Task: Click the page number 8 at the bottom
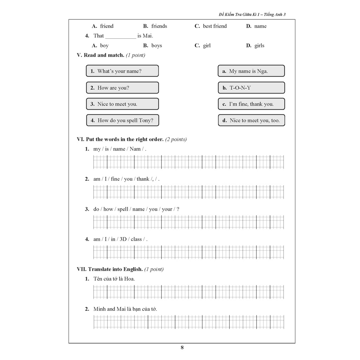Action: click(x=182, y=348)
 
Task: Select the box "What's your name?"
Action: click(x=122, y=71)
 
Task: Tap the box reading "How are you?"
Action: click(x=122, y=88)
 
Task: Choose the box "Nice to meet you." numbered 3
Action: click(x=122, y=104)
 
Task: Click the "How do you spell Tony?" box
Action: click(x=122, y=120)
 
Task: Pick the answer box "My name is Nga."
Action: click(x=251, y=71)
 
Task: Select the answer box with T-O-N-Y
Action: click(x=251, y=88)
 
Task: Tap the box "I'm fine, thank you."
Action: click(x=251, y=104)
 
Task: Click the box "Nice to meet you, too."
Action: click(x=251, y=120)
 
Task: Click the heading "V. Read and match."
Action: click(x=100, y=55)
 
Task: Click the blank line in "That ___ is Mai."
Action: click(x=121, y=36)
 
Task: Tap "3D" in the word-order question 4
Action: click(x=123, y=239)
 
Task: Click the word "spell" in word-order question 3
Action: click(x=123, y=209)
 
